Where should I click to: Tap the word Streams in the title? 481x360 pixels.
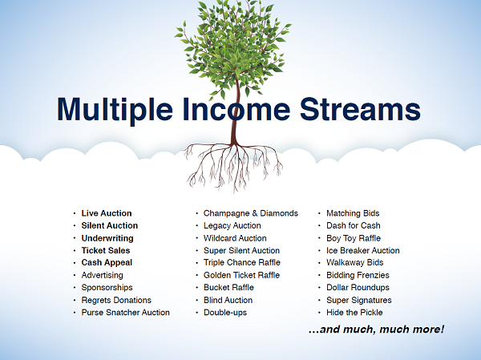(360, 109)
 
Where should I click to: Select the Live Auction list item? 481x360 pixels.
(107, 213)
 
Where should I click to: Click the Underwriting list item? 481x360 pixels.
(107, 238)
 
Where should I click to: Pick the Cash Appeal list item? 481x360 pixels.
(107, 263)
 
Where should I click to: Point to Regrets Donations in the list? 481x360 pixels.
(116, 300)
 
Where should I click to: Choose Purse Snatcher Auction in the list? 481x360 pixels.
(126, 313)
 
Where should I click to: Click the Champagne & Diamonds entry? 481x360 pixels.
(251, 213)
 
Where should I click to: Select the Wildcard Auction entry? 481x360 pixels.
(235, 238)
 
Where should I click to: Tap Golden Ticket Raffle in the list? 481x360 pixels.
(242, 275)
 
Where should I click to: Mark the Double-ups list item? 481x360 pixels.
(225, 313)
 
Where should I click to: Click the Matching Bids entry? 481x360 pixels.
(353, 213)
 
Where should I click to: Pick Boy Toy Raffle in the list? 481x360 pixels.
(354, 238)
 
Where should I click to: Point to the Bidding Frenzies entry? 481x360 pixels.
(358, 275)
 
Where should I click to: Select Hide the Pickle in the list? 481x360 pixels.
(354, 313)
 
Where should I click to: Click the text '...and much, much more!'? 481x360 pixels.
(376, 330)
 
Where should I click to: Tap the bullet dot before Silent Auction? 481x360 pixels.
(75, 225)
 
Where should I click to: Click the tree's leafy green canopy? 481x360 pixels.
(233, 46)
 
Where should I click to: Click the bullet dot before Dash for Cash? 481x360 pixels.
(319, 225)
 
